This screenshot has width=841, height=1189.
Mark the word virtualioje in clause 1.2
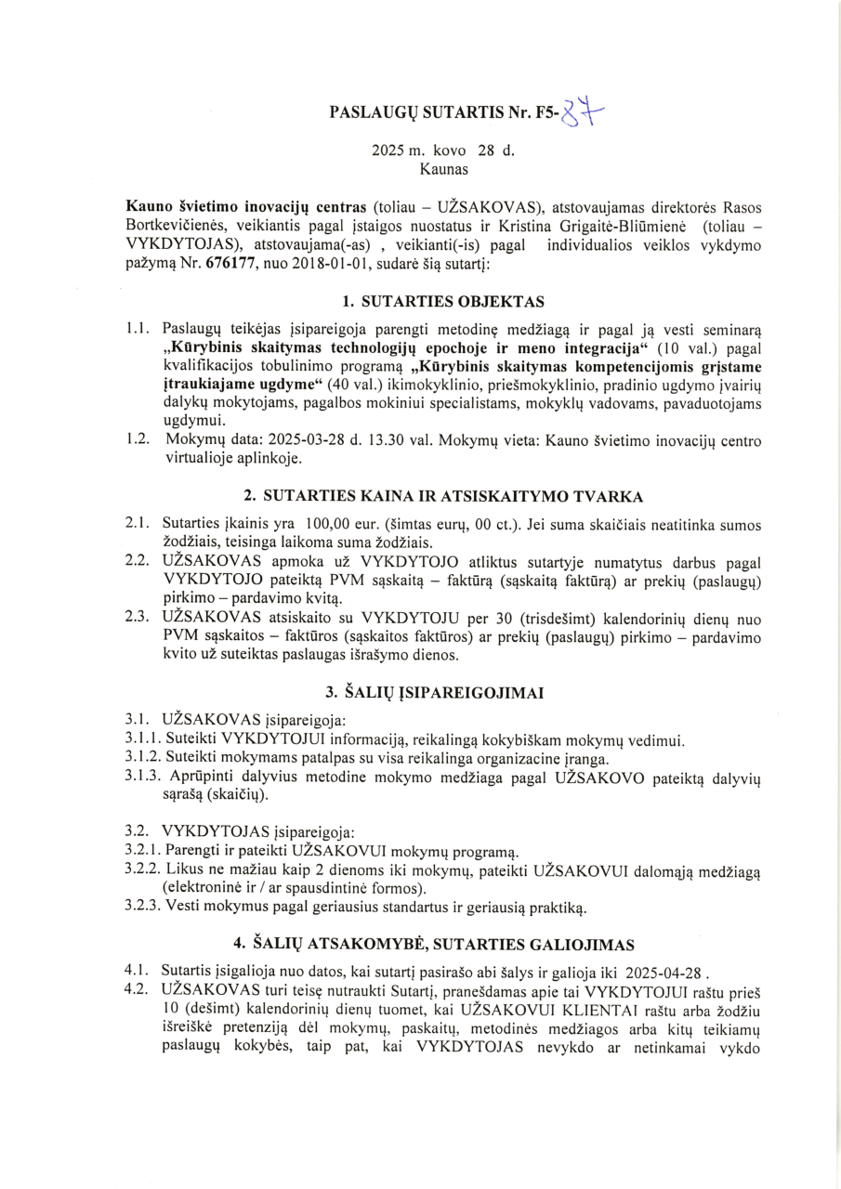(197, 458)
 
